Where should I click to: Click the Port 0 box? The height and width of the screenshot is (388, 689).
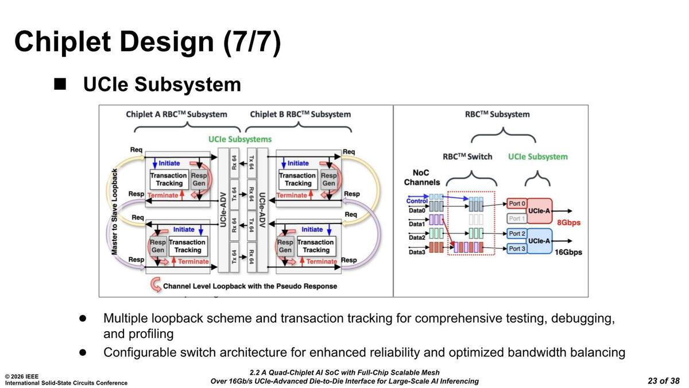click(x=517, y=204)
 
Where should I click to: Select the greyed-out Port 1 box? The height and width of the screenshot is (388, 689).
click(x=517, y=218)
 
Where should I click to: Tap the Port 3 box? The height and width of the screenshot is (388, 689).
click(x=517, y=248)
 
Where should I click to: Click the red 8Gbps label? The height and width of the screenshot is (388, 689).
click(x=569, y=222)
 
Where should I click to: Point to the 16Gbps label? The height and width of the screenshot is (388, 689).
click(x=568, y=252)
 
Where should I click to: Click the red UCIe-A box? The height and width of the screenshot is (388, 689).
click(x=539, y=211)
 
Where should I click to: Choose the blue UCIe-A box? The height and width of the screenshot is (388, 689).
click(x=539, y=241)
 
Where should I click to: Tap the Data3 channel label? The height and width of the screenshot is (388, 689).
click(x=417, y=252)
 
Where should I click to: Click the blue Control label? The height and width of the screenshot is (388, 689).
click(x=417, y=201)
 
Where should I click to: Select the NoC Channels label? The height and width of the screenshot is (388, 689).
click(x=422, y=177)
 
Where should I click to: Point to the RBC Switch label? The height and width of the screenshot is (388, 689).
click(x=467, y=156)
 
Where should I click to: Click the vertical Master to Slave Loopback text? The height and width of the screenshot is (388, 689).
click(x=114, y=212)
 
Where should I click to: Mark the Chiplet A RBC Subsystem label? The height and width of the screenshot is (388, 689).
click(x=176, y=114)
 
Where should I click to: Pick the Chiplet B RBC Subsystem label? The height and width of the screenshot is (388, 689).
click(x=300, y=114)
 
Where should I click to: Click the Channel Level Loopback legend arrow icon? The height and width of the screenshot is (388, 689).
click(x=155, y=284)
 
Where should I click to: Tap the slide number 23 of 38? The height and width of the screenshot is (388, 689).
click(x=663, y=381)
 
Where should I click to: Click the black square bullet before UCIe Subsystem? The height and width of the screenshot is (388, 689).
click(x=60, y=84)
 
